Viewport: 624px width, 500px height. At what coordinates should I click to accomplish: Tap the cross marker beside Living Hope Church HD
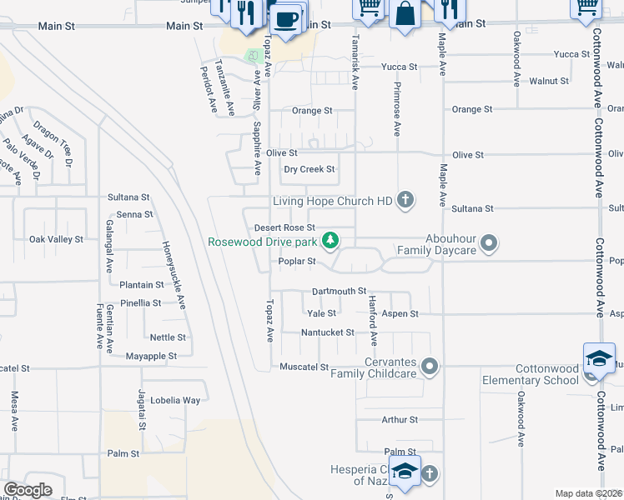click(405, 200)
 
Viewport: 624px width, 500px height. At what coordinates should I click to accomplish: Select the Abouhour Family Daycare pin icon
click(490, 243)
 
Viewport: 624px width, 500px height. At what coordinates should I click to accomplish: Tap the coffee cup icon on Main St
click(286, 17)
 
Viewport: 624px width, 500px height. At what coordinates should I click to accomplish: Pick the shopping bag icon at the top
click(405, 14)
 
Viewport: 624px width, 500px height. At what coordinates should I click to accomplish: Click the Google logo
click(28, 490)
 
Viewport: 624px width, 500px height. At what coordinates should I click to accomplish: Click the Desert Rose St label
click(284, 227)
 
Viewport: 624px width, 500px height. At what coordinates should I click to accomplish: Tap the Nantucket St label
click(328, 332)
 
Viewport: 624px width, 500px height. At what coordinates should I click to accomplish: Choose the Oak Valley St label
click(56, 239)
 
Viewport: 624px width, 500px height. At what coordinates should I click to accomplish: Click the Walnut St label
click(549, 82)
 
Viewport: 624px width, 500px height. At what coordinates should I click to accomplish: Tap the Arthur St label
click(400, 420)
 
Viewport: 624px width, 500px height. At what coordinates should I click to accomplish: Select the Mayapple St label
click(151, 356)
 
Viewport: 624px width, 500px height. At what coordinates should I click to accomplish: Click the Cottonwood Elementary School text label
click(530, 374)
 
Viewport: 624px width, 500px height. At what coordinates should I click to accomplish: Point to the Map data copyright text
click(588, 493)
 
